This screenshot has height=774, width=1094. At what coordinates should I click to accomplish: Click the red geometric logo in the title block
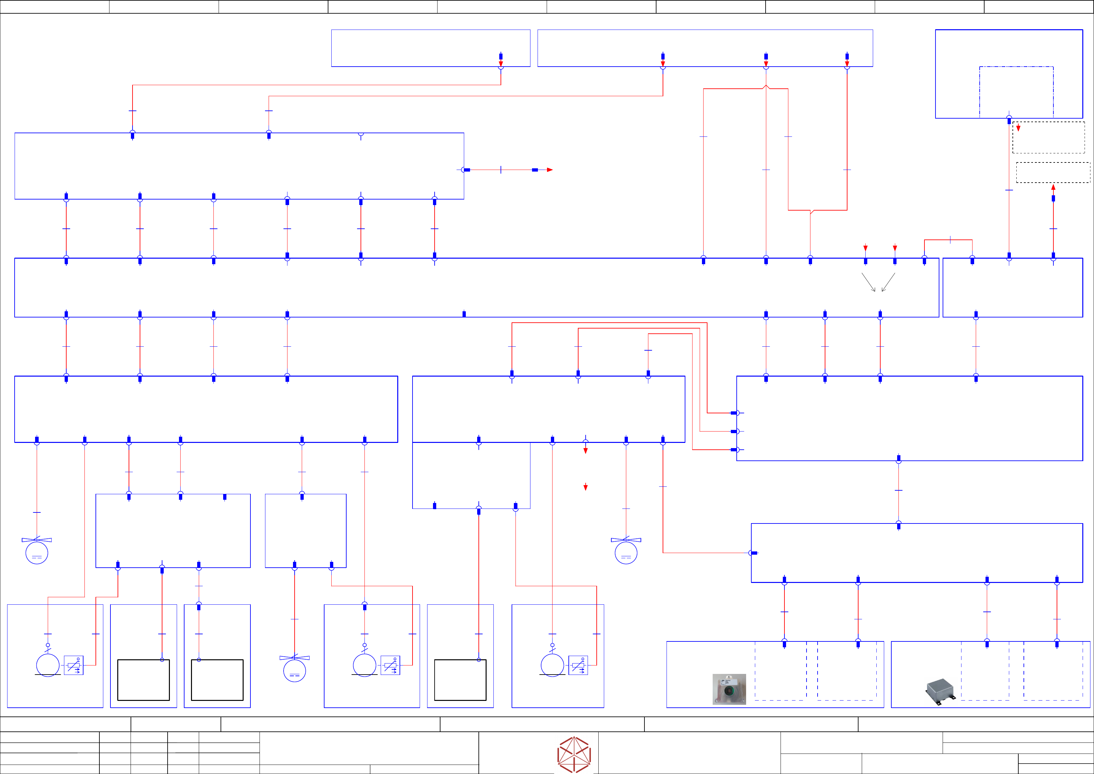click(x=574, y=754)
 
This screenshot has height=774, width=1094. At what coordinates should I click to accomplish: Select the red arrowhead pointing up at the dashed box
click(x=1053, y=187)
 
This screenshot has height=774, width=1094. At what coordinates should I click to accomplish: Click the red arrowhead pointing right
click(x=550, y=170)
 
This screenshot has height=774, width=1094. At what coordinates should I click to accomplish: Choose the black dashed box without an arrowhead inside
click(x=1053, y=173)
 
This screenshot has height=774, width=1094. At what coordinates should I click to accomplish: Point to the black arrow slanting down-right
click(x=869, y=282)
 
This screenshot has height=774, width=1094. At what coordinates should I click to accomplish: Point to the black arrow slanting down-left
click(x=888, y=282)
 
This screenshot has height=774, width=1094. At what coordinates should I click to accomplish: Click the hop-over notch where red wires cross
click(x=766, y=87)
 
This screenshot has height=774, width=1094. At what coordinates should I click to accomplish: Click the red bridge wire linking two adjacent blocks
click(x=948, y=240)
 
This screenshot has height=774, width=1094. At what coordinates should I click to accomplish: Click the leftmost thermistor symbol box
click(x=73, y=665)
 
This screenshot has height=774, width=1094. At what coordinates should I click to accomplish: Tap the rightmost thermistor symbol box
click(x=578, y=665)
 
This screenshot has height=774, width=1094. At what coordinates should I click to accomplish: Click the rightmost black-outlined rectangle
click(x=460, y=680)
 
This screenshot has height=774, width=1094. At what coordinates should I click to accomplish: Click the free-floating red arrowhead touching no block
click(x=586, y=487)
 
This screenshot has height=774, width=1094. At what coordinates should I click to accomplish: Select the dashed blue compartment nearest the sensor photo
click(x=781, y=671)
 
